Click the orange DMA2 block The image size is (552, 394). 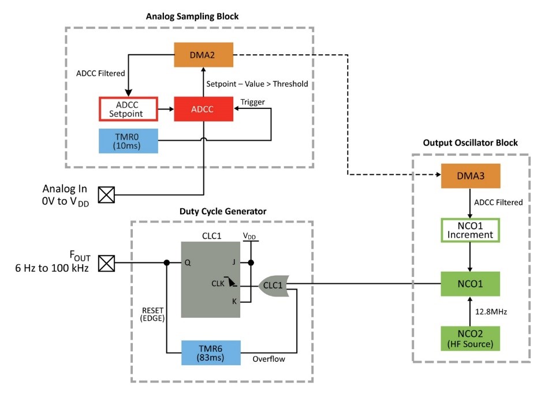coord(203,55)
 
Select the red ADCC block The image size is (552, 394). coord(203,109)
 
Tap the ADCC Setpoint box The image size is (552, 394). coord(129,109)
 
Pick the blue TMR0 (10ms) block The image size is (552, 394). coord(129,141)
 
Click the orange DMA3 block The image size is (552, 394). coord(471,176)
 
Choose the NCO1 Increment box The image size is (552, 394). coord(471,230)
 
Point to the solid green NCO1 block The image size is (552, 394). coord(471,284)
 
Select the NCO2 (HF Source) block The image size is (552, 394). coord(471,339)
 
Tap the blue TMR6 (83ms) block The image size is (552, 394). coord(211,352)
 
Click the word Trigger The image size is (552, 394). coord(252,102)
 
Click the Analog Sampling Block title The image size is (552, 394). coord(192,16)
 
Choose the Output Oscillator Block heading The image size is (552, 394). coord(471,142)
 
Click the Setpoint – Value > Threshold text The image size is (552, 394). coord(257,84)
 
